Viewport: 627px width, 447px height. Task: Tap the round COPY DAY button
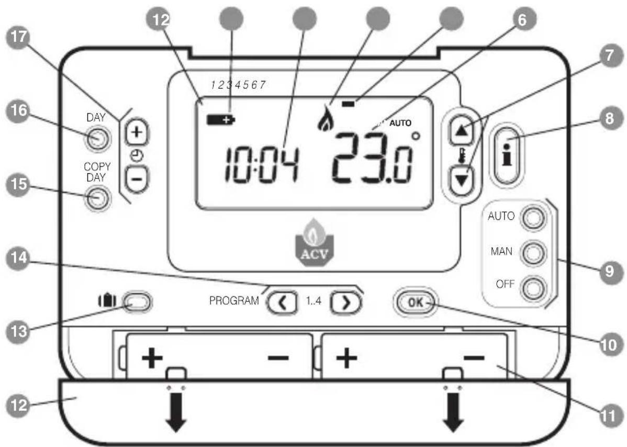tap(96, 198)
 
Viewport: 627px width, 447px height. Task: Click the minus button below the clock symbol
tap(137, 178)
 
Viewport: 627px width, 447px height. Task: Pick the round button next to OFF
tap(531, 287)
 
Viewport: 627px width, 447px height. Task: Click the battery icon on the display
tap(220, 121)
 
